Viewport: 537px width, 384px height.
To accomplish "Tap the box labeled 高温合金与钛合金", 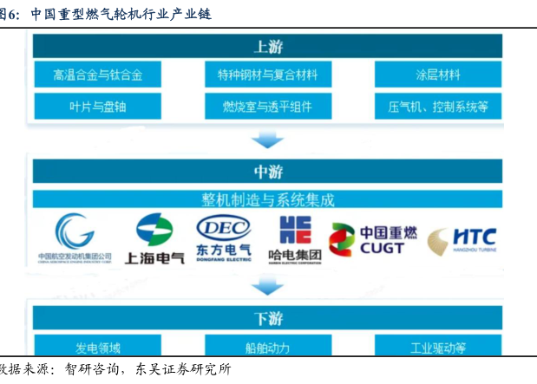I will (97, 75).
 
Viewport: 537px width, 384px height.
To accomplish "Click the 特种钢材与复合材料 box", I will (268, 75).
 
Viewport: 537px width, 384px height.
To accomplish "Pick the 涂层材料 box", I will (437, 75).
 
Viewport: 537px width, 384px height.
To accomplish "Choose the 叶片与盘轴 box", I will (97, 107).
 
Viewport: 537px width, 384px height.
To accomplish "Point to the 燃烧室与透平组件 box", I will (268, 107).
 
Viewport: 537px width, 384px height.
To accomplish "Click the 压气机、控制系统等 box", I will (437, 107).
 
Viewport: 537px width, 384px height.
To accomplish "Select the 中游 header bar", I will (268, 170).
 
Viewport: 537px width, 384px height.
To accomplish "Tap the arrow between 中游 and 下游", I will (268, 287).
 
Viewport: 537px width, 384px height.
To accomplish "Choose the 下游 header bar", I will (268, 316).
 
